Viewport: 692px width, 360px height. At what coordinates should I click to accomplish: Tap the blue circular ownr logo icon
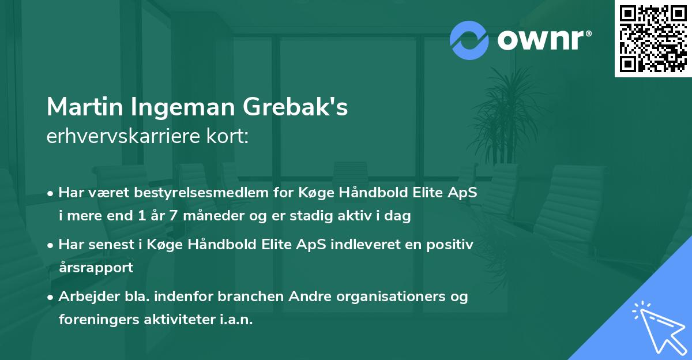point(469,40)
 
